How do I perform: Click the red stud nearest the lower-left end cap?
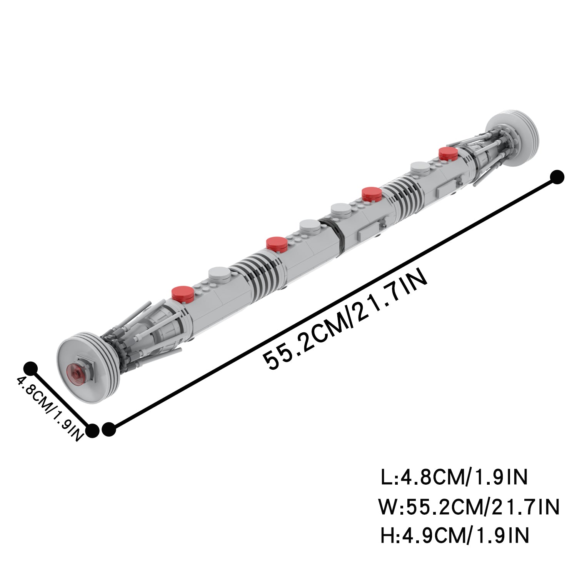click(x=183, y=293)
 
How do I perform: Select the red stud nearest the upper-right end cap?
click(x=449, y=153)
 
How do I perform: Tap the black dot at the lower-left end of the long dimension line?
click(x=109, y=429)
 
